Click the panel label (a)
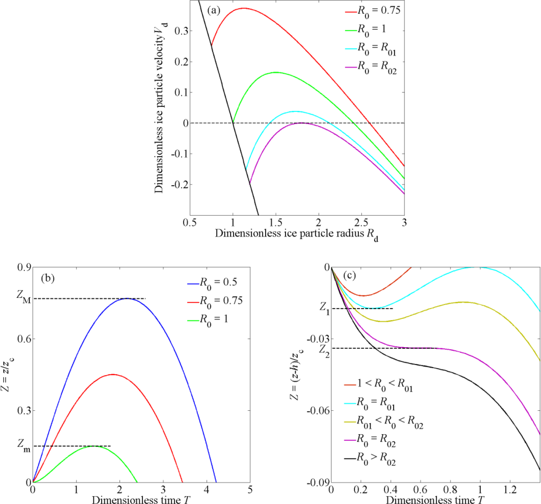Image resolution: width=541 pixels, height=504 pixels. click(x=214, y=10)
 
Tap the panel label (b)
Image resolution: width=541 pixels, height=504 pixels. click(x=48, y=278)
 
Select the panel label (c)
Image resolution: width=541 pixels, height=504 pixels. click(x=349, y=276)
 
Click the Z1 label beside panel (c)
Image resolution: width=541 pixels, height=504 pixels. click(x=324, y=308)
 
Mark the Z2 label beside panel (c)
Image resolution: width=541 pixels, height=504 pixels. click(x=324, y=350)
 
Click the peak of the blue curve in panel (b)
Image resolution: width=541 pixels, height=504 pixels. click(x=127, y=298)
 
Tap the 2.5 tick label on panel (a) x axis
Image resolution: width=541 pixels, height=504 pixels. click(x=361, y=223)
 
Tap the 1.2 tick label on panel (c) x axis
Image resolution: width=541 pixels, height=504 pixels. click(x=510, y=489)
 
